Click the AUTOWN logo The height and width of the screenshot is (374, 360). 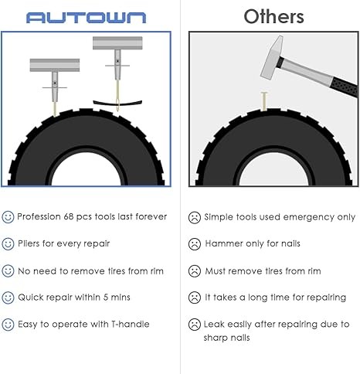[x=87, y=18]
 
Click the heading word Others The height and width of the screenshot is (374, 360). [x=273, y=17]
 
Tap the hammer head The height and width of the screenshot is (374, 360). [x=271, y=57]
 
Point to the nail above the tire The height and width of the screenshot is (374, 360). [x=264, y=101]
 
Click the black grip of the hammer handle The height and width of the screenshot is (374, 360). [x=345, y=87]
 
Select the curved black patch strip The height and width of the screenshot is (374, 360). [x=117, y=103]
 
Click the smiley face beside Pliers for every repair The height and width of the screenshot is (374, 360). [x=8, y=243]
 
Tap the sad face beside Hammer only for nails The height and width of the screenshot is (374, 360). [x=195, y=244]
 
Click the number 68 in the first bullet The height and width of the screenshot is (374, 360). [x=69, y=216]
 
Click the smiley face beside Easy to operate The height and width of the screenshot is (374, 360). [x=8, y=325]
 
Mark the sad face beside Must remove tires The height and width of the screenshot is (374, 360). [x=195, y=271]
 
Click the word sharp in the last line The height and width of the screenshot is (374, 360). [x=214, y=338]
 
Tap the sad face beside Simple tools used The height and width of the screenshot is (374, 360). [x=195, y=218]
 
